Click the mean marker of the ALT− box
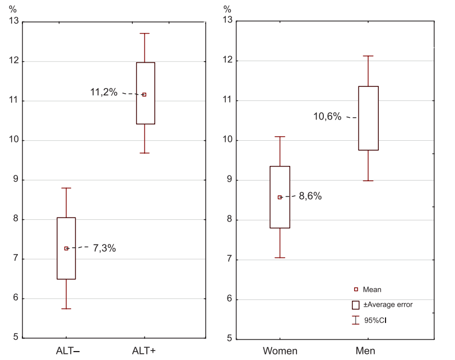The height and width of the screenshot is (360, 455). (x=66, y=248)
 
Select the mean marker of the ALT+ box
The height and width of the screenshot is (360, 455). (x=145, y=95)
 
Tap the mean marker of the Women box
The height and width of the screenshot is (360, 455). (x=280, y=197)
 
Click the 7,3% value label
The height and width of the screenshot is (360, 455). (x=104, y=248)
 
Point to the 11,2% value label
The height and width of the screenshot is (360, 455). (x=104, y=93)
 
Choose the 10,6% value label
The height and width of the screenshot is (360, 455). (x=327, y=117)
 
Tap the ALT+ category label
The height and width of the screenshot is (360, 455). (x=144, y=351)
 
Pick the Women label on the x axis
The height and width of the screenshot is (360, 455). (x=280, y=352)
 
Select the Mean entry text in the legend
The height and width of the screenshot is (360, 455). (x=372, y=289)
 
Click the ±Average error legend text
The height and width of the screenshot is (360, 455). (x=388, y=304)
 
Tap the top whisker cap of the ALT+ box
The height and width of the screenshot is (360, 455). (x=145, y=34)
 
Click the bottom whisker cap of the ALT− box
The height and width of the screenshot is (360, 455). (x=66, y=309)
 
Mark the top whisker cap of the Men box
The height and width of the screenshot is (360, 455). (x=368, y=56)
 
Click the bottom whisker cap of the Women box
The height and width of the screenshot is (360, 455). (x=280, y=258)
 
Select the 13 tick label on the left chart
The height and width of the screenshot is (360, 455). (x=12, y=21)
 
